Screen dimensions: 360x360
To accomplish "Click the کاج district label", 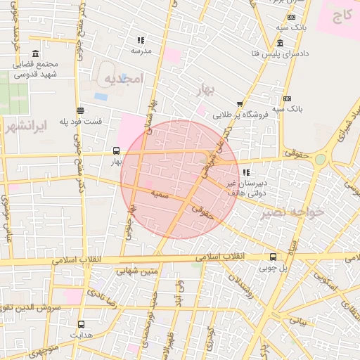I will click(342, 14).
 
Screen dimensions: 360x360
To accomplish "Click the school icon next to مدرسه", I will click(141, 40).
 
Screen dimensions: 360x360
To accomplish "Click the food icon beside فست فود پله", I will click(80, 110).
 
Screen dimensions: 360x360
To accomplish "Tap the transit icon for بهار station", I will click(116, 150).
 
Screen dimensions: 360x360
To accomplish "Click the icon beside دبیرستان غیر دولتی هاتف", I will click(245, 172).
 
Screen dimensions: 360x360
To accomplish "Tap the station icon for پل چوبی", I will click(272, 257).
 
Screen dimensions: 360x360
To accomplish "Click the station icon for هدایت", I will click(81, 324).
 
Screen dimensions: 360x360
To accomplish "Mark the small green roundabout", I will click(321, 160).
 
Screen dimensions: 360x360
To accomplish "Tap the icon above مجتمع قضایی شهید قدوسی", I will click(36, 54).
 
